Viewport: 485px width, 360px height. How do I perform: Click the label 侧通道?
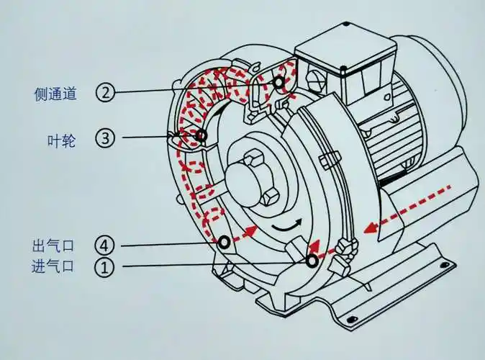click(55, 93)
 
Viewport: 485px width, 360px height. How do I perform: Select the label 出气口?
click(53, 245)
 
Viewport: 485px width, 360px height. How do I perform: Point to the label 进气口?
click(53, 266)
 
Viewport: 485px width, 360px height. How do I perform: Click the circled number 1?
click(105, 267)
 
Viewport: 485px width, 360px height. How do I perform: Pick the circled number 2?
click(105, 92)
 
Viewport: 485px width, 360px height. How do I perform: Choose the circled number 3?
click(105, 138)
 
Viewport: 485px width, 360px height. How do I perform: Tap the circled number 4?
click(105, 245)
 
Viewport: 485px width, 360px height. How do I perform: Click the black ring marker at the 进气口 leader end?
click(312, 261)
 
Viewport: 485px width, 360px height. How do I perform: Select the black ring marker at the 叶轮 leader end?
click(201, 135)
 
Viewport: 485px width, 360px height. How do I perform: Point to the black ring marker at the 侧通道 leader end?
click(278, 84)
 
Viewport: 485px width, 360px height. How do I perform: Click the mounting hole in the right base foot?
click(351, 320)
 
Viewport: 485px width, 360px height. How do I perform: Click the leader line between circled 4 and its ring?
click(166, 244)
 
